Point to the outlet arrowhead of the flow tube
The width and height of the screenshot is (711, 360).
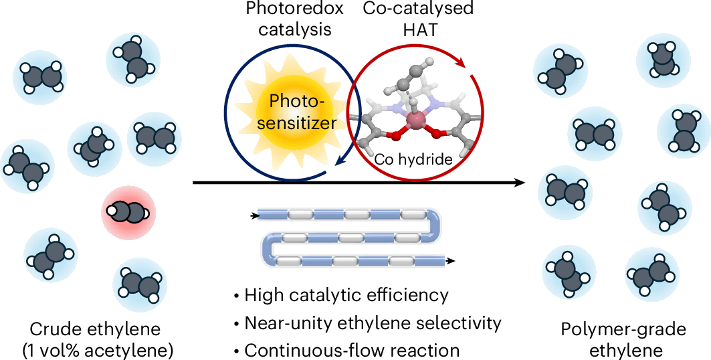click(x=453, y=261)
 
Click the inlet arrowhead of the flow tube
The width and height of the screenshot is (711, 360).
click(x=255, y=215)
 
